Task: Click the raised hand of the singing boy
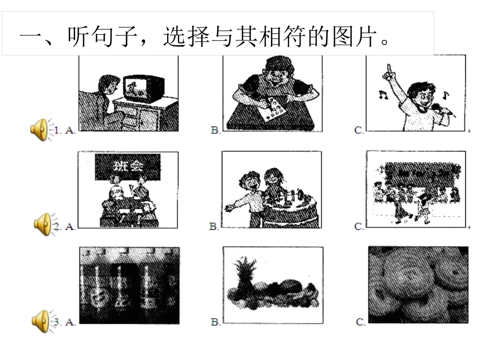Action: [389, 71]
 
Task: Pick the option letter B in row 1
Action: [215, 130]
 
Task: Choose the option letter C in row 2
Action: [359, 227]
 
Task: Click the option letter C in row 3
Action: [360, 322]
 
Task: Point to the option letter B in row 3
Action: [215, 322]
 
